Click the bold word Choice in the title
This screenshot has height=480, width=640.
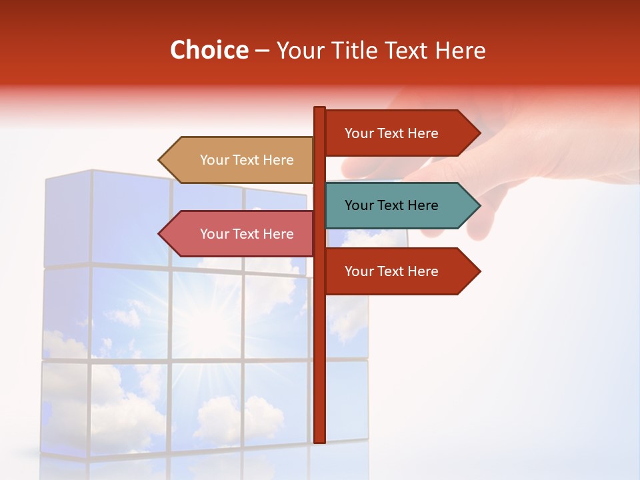[x=209, y=51]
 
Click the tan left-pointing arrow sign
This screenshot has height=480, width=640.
[x=240, y=160]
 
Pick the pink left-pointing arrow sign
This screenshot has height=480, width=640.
[x=240, y=234]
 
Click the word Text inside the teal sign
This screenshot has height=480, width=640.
[x=392, y=205]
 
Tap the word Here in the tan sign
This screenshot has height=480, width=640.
[x=277, y=160]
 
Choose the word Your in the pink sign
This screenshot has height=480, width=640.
[x=214, y=234]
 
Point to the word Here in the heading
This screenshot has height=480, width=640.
[x=460, y=51]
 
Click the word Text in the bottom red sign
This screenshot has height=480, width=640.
[x=392, y=271]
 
